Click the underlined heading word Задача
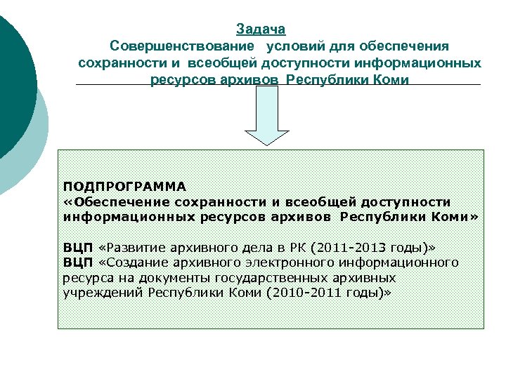[x=261, y=29]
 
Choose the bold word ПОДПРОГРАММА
[x=124, y=187]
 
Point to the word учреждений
[x=100, y=292]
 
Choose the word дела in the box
[x=258, y=248]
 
